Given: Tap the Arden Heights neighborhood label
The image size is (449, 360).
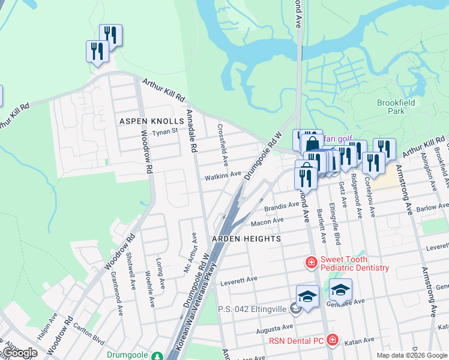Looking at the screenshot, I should pyautogui.click(x=246, y=239).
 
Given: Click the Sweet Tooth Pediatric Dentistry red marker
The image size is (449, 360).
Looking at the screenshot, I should pyautogui.click(x=311, y=263).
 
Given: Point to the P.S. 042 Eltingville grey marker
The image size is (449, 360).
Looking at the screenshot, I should pyautogui.click(x=294, y=309).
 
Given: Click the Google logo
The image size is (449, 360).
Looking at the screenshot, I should pyautogui.click(x=19, y=353).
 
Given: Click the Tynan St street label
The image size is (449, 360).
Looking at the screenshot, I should pyautogui.click(x=165, y=131).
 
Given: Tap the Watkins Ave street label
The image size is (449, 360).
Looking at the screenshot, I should pyautogui.click(x=223, y=176).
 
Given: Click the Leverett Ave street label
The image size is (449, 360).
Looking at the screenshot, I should pyautogui.click(x=239, y=280).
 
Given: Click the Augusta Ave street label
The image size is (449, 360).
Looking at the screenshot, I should pyautogui.click(x=276, y=328).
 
